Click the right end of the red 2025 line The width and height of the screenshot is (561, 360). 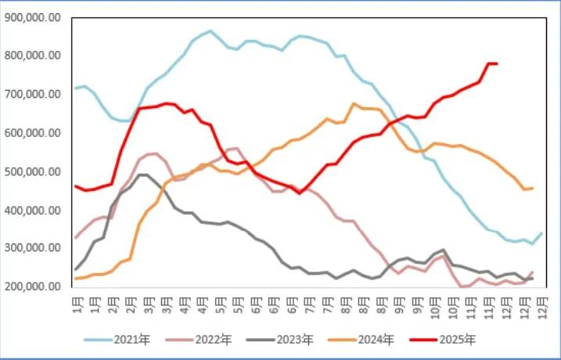coord(497,63)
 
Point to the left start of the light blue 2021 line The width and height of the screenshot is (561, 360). coord(75,88)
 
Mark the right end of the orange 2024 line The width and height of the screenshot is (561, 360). coord(533,188)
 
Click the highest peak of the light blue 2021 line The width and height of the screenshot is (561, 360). coord(210,31)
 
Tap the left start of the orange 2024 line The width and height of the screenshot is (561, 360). coord(75,279)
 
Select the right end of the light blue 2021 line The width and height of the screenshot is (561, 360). coord(542,233)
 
